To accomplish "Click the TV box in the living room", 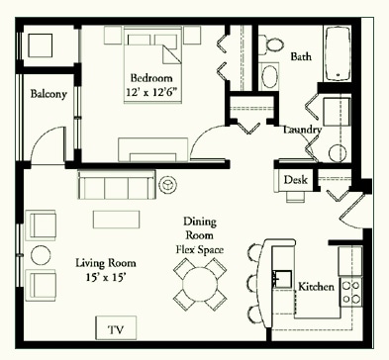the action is click(x=116, y=328).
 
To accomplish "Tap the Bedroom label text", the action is click(x=151, y=78).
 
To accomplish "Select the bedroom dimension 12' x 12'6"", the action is click(x=153, y=92).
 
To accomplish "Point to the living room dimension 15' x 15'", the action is click(x=106, y=277).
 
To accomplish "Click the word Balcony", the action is click(x=49, y=94).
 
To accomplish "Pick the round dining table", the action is click(x=200, y=284).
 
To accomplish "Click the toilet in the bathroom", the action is click(x=271, y=45).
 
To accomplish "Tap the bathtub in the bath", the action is click(x=338, y=53).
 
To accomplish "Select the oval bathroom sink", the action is click(x=270, y=76).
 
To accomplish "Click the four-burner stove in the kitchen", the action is click(x=351, y=292).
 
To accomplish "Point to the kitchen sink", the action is click(x=282, y=279).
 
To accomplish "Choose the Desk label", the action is click(x=295, y=180).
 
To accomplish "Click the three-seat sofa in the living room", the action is click(x=117, y=185).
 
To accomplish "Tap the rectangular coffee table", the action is click(x=116, y=220).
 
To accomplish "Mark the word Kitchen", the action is click(x=316, y=287).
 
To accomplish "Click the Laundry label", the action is click(x=302, y=130).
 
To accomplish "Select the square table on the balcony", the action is click(x=41, y=45).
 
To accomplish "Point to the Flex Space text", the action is click(x=200, y=249).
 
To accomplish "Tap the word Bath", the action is click(x=301, y=56).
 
